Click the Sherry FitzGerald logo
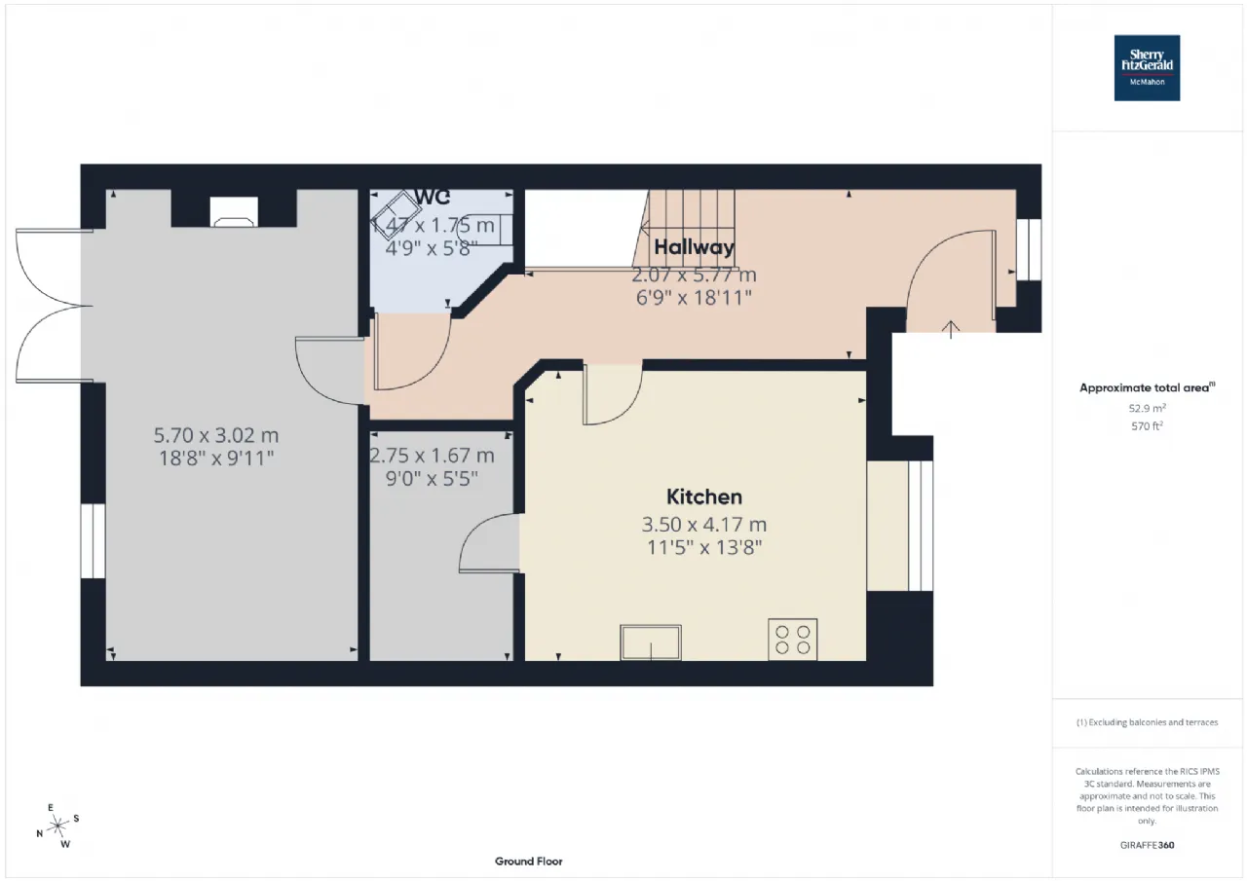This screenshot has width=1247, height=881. point(1147,68)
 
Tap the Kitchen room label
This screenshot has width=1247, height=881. point(704,496)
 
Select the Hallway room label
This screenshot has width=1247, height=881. point(694,246)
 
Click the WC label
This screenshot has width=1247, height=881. point(432,197)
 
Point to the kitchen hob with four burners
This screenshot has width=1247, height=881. point(792,639)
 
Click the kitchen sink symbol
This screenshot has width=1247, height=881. point(651,642)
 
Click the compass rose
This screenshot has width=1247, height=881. point(58,826)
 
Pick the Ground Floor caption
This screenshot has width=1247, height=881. point(528,862)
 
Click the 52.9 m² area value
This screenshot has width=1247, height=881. point(1147,408)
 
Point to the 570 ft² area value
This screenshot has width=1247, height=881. point(1147,425)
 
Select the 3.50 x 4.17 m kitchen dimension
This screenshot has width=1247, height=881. point(704,525)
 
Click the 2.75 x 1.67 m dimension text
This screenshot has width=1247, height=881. point(432,456)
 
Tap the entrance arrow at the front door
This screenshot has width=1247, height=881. point(951,328)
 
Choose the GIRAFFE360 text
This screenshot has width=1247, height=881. point(1147,845)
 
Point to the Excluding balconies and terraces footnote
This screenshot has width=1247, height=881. point(1147,722)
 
